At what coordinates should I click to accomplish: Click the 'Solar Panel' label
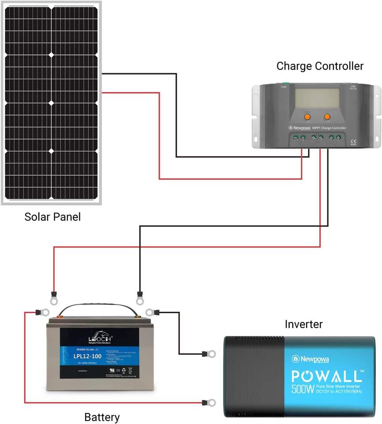53,217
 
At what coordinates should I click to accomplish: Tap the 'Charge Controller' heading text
320,66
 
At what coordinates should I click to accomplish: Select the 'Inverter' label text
303,324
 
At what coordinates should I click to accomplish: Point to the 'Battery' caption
102,416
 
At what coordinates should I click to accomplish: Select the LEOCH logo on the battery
100,338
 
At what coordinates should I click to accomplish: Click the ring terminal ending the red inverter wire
211,402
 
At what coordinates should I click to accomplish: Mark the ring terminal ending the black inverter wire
211,353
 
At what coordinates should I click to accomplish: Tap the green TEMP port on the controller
285,83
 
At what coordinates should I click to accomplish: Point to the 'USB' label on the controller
352,86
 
